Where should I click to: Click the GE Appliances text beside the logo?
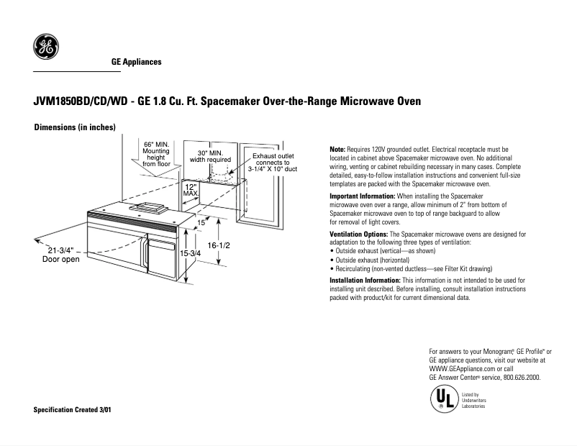pos(136,63)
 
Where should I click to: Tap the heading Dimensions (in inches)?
pos(75,127)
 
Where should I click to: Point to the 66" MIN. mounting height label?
pos(155,153)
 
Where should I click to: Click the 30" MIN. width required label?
pos(209,157)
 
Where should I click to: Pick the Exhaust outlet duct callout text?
pos(273,163)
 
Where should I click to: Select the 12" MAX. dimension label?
pos(191,190)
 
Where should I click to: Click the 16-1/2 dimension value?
pos(219,245)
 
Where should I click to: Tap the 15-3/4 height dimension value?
pos(191,254)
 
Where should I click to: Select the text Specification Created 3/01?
pos(73,409)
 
